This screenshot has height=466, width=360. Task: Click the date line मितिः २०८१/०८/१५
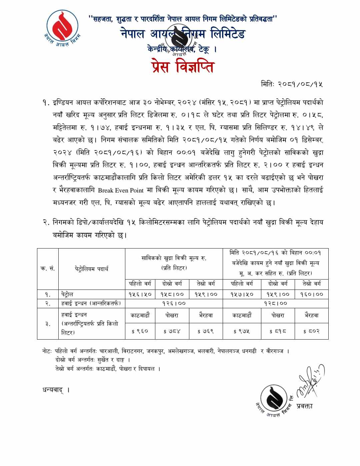coord(292,84)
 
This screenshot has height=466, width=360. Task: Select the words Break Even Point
coord(120,190)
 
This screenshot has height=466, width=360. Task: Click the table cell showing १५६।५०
coord(140,294)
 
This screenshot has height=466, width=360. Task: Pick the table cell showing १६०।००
coord(311,294)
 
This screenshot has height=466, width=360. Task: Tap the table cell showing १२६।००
coord(174,303)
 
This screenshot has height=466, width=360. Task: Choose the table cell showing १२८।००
coord(275,303)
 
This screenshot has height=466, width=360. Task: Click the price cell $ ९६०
coord(140,331)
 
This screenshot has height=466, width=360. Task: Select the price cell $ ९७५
coord(242,331)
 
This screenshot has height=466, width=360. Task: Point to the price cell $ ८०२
coord(311,331)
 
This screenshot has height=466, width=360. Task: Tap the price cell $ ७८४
coord(172,331)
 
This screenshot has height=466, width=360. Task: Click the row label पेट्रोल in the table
coord(67,294)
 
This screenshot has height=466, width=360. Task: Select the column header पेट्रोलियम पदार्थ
coord(91,269)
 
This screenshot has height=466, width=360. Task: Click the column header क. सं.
coord(48,269)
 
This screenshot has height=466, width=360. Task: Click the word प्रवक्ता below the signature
coord(304,406)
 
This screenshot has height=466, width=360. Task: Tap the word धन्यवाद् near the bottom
coord(53,390)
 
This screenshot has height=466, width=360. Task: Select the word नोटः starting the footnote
coord(47,351)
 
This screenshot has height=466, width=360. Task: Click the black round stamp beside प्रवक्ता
coord(274,399)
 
